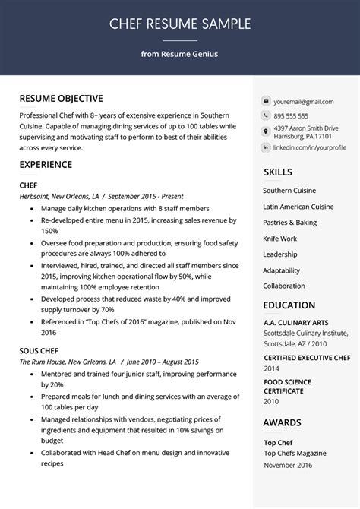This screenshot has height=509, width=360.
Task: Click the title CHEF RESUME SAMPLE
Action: [179, 24]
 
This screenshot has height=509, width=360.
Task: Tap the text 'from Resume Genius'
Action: [179, 54]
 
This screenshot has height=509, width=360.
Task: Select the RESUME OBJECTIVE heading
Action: [61, 99]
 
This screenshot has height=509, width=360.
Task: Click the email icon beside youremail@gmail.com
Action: [266, 101]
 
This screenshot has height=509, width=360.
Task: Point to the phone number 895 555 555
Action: [291, 115]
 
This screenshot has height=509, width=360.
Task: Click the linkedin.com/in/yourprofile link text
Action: [309, 147]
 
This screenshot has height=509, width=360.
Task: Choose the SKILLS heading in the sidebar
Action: [278, 172]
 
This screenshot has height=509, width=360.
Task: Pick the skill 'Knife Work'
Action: [279, 239]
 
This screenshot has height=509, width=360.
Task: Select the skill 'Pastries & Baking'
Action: [289, 223]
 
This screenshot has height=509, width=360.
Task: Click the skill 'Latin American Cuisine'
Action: [298, 207]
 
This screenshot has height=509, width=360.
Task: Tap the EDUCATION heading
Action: [289, 305]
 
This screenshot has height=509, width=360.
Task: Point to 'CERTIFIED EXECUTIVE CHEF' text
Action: [307, 357]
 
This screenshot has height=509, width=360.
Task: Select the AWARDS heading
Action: [282, 422]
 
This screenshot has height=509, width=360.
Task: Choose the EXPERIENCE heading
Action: [46, 164]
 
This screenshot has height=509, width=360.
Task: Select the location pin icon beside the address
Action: [266, 131]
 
